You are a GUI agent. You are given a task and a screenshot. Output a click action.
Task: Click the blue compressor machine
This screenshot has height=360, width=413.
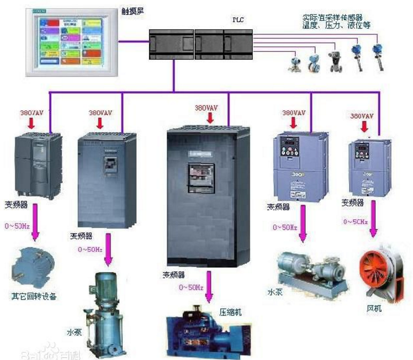[x=208, y=332]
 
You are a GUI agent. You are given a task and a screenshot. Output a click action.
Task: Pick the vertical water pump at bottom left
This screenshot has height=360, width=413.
[x=104, y=314]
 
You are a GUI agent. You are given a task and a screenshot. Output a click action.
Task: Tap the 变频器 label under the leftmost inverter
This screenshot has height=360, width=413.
[x=17, y=206]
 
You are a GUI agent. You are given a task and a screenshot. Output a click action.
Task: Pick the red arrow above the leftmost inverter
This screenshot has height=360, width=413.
[x=31, y=124]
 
